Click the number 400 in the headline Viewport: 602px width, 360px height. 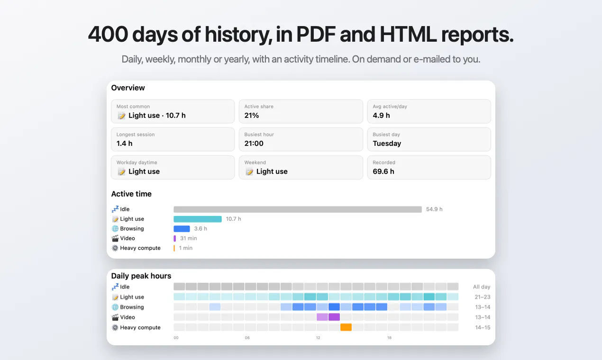point(108,35)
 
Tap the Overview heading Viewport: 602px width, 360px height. point(128,88)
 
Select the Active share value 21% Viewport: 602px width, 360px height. point(252,115)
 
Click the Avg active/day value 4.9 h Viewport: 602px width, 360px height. point(381,115)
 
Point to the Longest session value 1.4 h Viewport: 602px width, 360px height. point(125,143)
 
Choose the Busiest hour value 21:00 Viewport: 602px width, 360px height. point(254,143)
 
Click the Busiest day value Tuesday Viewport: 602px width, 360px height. point(387,144)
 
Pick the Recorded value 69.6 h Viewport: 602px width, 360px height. point(383,171)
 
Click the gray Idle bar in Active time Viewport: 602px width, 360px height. point(298,209)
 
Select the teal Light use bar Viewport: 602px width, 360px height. point(198,219)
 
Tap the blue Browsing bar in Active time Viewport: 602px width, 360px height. point(182,229)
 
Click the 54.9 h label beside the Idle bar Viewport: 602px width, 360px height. point(434,209)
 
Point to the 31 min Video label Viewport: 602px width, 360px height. point(188,238)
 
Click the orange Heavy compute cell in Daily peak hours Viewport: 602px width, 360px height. point(346,327)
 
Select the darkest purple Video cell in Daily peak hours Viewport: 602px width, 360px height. point(334,317)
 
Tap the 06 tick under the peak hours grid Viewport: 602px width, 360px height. point(247,338)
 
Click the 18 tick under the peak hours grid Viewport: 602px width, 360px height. point(389,338)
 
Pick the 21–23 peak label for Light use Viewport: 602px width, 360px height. point(483,297)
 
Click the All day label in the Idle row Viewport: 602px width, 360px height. point(482,287)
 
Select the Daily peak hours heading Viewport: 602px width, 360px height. point(141,276)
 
